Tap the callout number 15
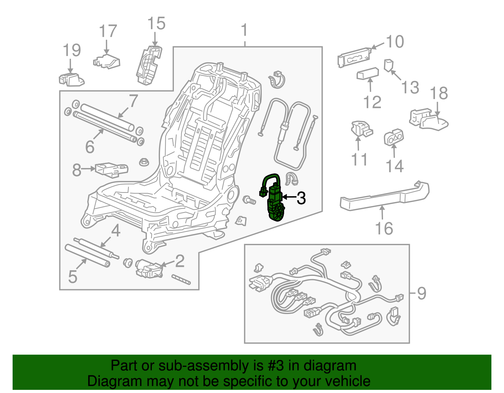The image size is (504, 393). (156, 24)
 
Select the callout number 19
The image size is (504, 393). (72, 50)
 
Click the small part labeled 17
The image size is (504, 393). (107, 61)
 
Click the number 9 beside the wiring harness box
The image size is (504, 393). (421, 293)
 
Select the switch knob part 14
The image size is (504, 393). (394, 138)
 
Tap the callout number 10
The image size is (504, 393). (395, 42)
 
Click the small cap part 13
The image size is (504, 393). (389, 65)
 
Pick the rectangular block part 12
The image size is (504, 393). (368, 74)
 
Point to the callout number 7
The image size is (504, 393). (134, 101)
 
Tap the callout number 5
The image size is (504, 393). (73, 277)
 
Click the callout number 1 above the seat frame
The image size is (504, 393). (244, 31)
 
